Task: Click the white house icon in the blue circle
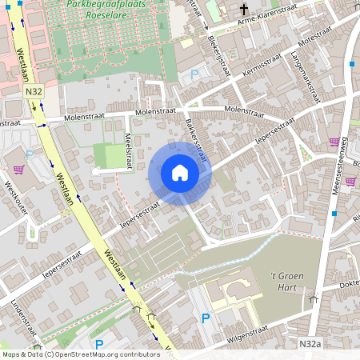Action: pyautogui.click(x=180, y=173)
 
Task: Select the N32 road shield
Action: pyautogui.click(x=34, y=93)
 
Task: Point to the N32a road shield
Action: pyautogui.click(x=310, y=342)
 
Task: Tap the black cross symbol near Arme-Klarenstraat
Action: pyautogui.click(x=244, y=10)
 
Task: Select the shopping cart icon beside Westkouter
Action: pyautogui.click(x=18, y=170)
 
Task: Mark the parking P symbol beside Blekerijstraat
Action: pyautogui.click(x=194, y=76)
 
